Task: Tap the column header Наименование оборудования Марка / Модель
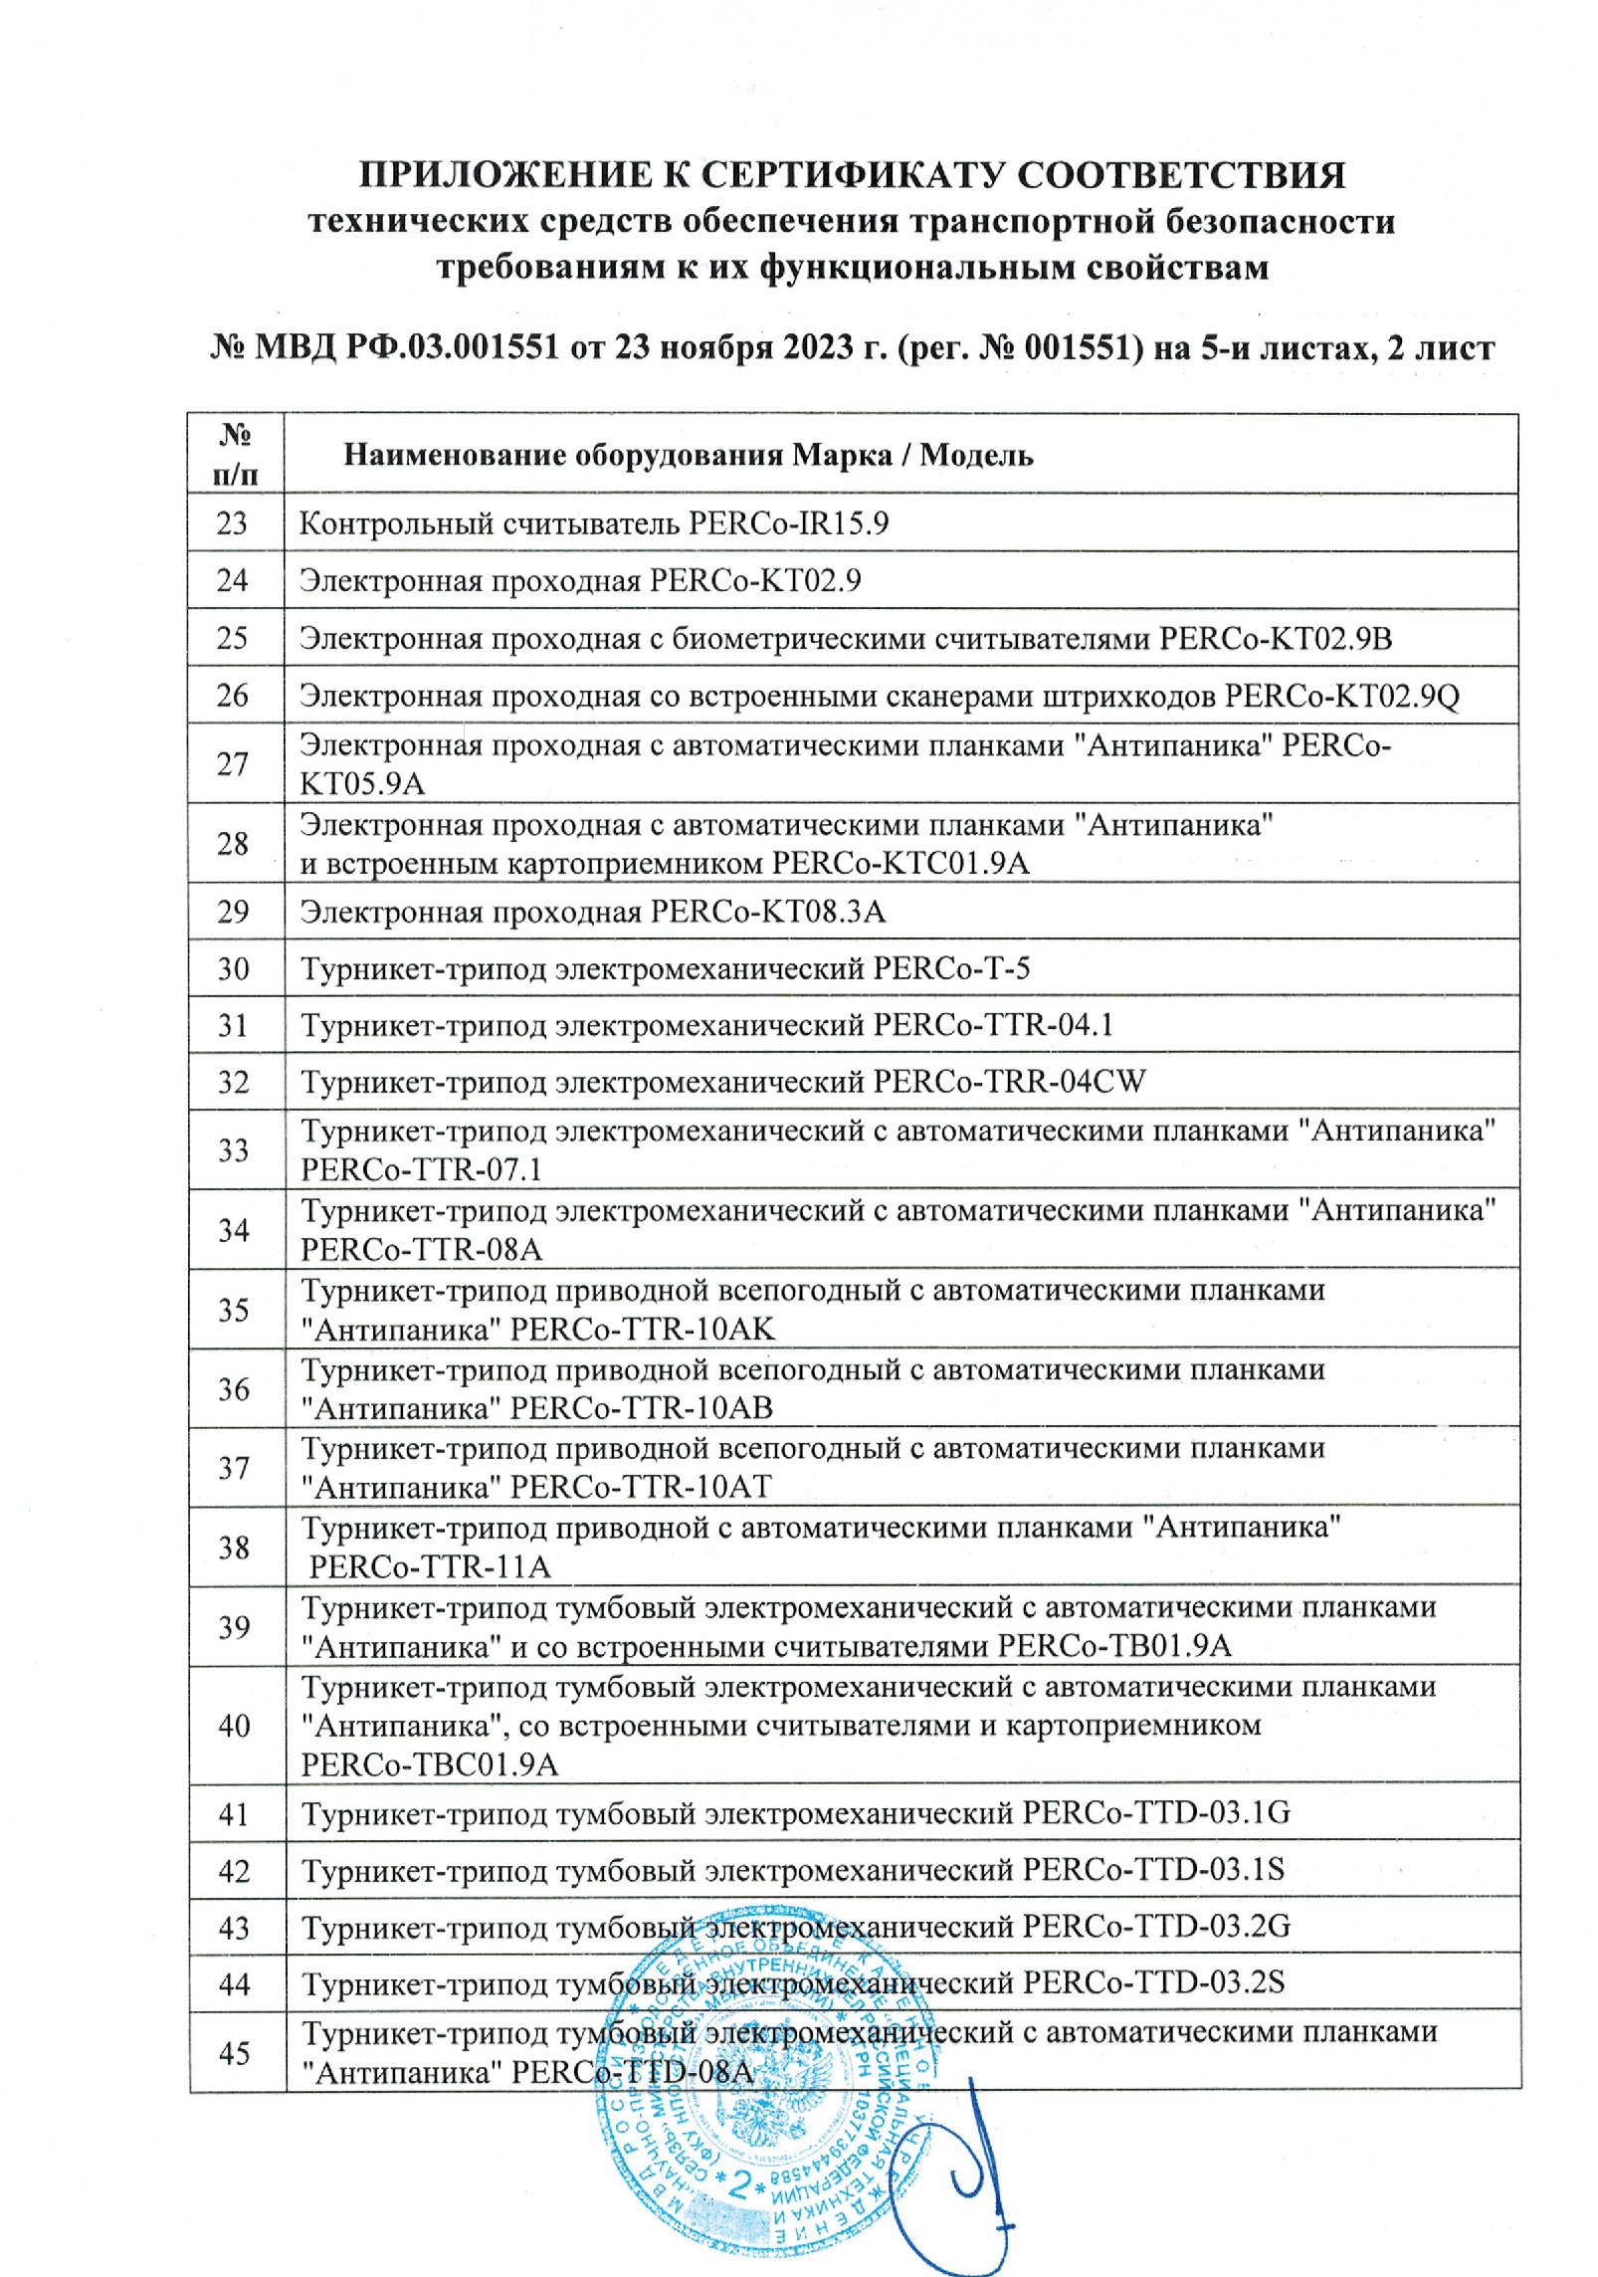[688, 455]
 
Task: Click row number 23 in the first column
[233, 523]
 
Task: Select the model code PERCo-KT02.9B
[1275, 638]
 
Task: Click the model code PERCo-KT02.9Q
[1341, 696]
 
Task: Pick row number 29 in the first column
[234, 912]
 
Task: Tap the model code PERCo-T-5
[951, 968]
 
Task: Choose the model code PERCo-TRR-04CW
[1009, 1082]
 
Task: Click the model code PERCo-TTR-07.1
[421, 1169]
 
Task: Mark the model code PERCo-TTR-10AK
[642, 1329]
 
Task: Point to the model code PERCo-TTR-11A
[429, 1566]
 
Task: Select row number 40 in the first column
[234, 1726]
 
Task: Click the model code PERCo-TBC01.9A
[430, 1764]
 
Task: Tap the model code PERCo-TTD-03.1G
[1156, 1812]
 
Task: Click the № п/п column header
[235, 454]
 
